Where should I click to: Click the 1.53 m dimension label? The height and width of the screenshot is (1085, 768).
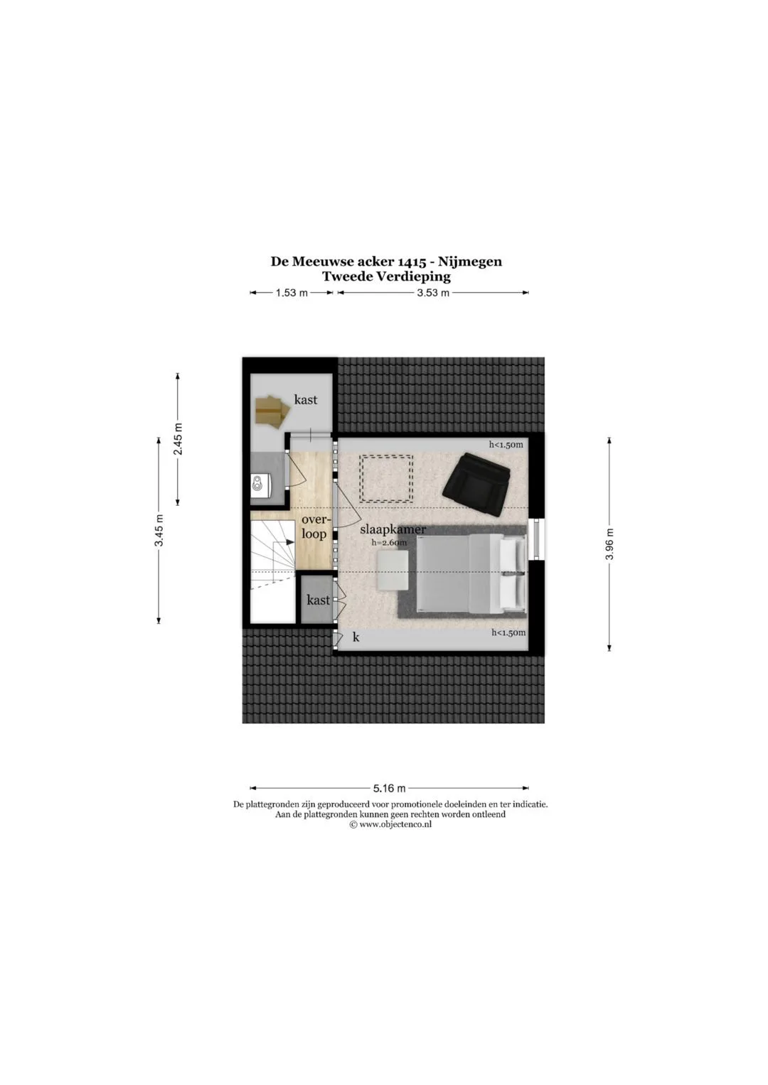292,293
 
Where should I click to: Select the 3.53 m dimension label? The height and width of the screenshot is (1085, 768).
433,293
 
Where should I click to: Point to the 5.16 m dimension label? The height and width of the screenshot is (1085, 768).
390,788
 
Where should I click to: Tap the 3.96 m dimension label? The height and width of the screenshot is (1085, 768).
609,544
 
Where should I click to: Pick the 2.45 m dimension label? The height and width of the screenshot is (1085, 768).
178,439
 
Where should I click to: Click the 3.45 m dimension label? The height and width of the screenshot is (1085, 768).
159,531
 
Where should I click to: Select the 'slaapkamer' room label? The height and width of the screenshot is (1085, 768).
393,529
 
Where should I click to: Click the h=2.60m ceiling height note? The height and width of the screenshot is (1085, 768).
390,543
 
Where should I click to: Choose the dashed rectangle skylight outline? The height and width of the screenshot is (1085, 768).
386,478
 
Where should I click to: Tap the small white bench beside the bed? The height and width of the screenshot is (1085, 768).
393,571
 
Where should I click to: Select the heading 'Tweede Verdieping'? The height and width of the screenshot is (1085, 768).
386,277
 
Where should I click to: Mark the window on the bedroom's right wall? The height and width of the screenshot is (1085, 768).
535,539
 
